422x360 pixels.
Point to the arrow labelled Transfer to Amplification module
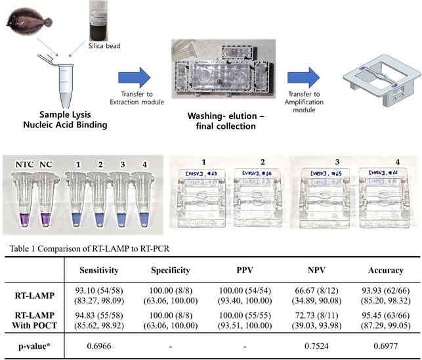304,73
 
